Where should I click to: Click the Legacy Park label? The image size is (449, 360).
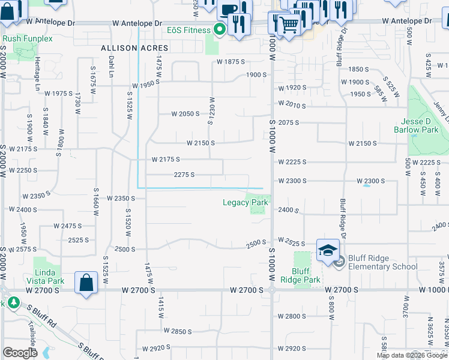[x=245, y=202]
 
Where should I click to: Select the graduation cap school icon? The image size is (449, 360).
[x=328, y=250]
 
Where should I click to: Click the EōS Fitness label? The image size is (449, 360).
[x=188, y=29]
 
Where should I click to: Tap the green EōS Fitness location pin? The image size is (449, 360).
[x=220, y=29]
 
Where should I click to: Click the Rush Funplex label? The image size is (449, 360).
[x=28, y=38]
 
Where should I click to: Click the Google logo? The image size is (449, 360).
[x=20, y=353]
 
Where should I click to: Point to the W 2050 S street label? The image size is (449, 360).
[x=185, y=113]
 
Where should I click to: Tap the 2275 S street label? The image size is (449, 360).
[x=184, y=175]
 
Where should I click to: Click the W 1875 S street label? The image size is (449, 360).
[x=232, y=62]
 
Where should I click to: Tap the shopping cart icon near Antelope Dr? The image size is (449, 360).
[x=289, y=24]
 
